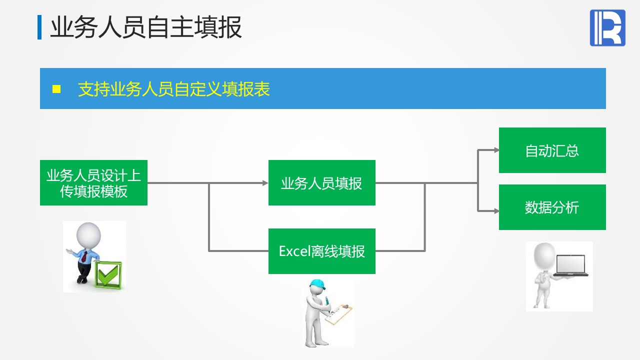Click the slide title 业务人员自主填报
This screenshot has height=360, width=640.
pyautogui.click(x=146, y=27)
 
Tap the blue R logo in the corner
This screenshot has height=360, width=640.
pyautogui.click(x=607, y=28)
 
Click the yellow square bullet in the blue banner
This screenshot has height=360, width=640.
pyautogui.click(x=56, y=89)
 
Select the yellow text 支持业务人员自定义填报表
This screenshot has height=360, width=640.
pyautogui.click(x=173, y=89)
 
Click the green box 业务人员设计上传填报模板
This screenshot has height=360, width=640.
pyautogui.click(x=93, y=183)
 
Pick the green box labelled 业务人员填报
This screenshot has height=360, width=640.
pyautogui.click(x=321, y=183)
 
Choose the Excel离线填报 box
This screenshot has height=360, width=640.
pyautogui.click(x=321, y=251)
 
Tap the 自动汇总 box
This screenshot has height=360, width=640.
pyautogui.click(x=552, y=150)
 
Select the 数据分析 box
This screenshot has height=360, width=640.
pyautogui.click(x=552, y=207)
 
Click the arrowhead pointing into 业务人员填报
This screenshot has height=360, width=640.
pyautogui.click(x=265, y=183)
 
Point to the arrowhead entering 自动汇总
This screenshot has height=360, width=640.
pyautogui.click(x=496, y=150)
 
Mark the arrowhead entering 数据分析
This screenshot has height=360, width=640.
pyautogui.click(x=496, y=211)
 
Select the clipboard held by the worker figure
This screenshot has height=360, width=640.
pyautogui.click(x=338, y=313)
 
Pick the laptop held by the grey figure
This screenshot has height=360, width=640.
pyautogui.click(x=571, y=265)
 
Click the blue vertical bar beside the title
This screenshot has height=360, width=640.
pyautogui.click(x=39, y=27)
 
